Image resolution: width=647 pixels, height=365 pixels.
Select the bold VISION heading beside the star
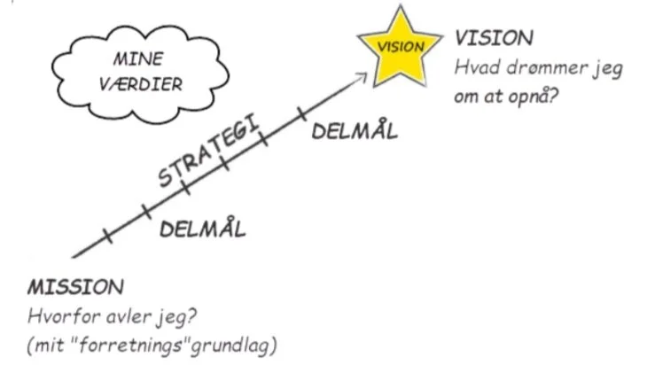(x=494, y=38)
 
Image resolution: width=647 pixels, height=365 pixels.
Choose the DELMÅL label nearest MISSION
(x=202, y=229)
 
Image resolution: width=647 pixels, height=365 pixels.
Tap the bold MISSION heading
(x=75, y=288)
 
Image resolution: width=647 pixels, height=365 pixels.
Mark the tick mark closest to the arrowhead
(x=301, y=115)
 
